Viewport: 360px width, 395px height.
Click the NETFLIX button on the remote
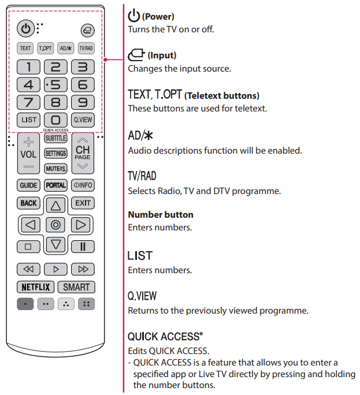click(36, 287)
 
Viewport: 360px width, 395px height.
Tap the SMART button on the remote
click(76, 287)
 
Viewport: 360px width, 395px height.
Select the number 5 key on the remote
click(55, 85)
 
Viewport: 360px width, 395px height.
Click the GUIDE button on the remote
click(28, 185)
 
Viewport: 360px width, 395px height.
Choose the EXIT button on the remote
click(83, 203)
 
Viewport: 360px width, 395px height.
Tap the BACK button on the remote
click(28, 203)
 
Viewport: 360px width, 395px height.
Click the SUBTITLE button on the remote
click(55, 139)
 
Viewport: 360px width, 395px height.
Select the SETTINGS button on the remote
click(55, 154)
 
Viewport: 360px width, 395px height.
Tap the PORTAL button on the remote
click(55, 185)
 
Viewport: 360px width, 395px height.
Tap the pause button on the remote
click(83, 247)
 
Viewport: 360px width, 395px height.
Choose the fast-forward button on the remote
click(83, 269)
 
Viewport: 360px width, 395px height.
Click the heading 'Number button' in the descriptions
click(161, 215)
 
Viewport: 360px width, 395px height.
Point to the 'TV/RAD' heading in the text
click(142, 176)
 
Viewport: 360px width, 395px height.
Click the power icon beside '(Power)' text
click(134, 16)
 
